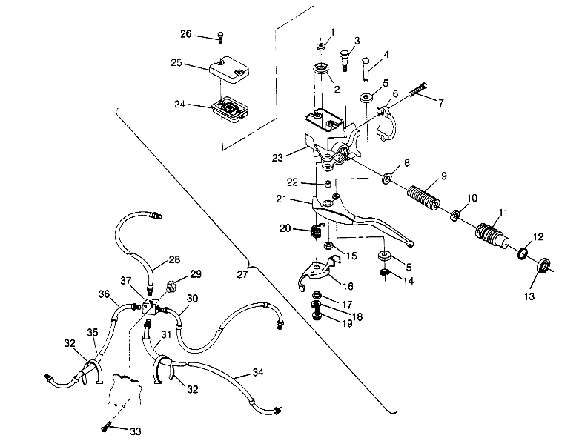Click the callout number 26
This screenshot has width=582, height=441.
pos(185,34)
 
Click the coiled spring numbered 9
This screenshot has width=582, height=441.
pos(425,196)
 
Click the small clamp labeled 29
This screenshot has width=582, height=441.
pos(176,285)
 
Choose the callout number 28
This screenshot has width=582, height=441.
pos(173,259)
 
